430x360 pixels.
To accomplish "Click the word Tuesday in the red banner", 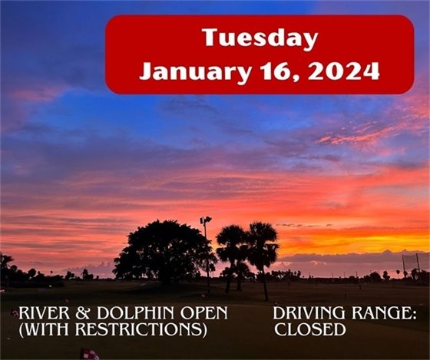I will coord(260,38).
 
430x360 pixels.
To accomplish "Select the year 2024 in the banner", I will coord(346,72).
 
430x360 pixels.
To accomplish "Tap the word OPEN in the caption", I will coord(205,315).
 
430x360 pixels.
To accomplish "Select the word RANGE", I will coord(375,315).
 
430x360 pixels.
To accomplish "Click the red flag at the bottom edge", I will coord(89,354).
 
